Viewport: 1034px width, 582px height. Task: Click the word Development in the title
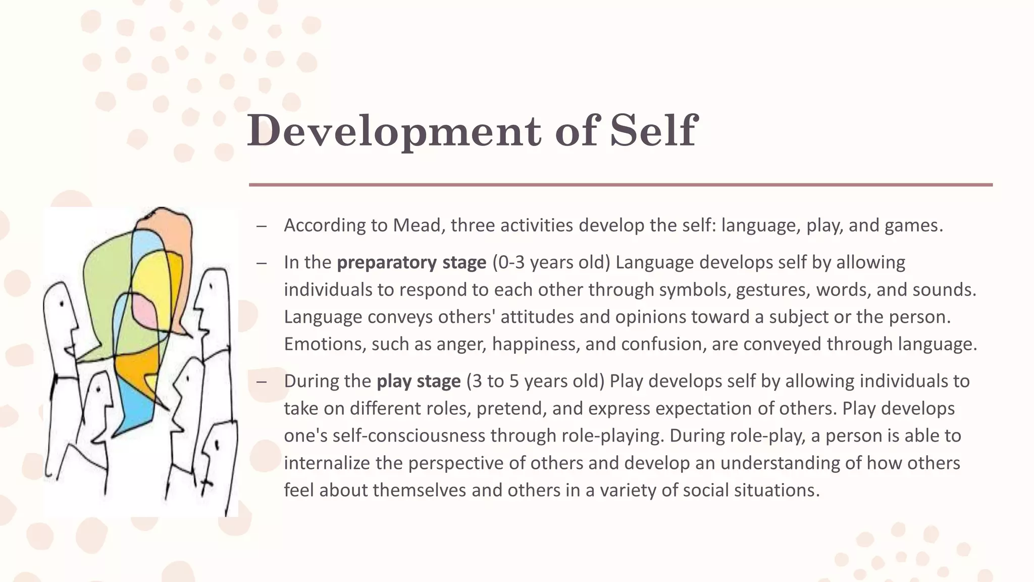[394, 131]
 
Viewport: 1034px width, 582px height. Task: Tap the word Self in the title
[654, 131]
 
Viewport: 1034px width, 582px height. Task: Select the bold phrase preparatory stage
[411, 263]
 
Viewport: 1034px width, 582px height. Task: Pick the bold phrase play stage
[419, 381]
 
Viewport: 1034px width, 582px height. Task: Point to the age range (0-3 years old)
[551, 263]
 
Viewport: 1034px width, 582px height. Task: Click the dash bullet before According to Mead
[261, 226]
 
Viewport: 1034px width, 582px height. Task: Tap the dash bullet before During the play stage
[261, 381]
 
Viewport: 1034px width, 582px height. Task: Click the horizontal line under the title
[621, 185]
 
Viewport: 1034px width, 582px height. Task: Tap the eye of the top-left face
[62, 304]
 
